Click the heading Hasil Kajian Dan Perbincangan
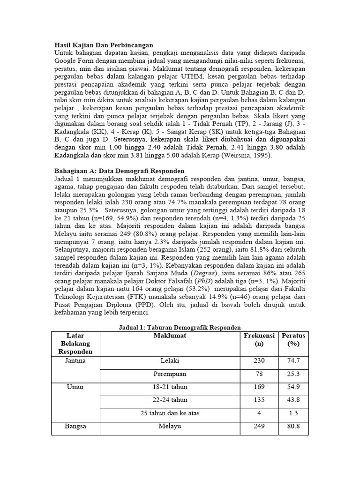[x=104, y=45]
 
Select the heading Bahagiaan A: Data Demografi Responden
[x=120, y=171]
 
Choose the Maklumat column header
[x=169, y=336]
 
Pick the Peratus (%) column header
[x=293, y=339]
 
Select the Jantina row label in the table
[x=76, y=361]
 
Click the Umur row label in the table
[x=76, y=387]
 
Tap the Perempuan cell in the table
[x=169, y=374]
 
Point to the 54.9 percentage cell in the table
[x=293, y=387]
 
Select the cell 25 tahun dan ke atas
[x=169, y=413]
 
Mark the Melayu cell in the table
[x=169, y=427]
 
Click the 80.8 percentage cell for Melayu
[x=293, y=427]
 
